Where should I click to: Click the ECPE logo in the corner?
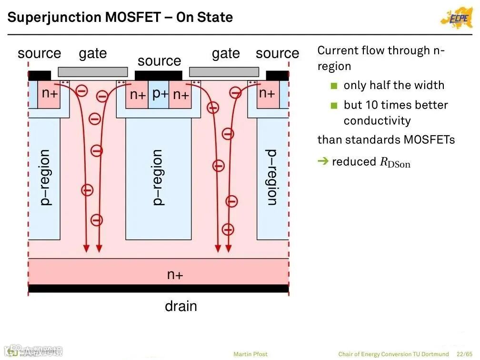(457, 18)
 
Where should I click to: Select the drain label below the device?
(180, 306)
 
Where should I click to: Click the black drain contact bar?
(159, 289)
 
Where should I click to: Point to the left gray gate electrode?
(93, 72)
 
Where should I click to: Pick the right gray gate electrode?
(224, 72)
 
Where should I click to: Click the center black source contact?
(159, 75)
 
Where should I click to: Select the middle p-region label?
(158, 177)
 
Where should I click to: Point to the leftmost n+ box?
(49, 94)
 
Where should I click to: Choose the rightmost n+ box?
(267, 94)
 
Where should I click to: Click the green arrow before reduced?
(323, 161)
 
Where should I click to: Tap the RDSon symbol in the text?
(395, 162)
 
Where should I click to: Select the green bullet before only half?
(334, 86)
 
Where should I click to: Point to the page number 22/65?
(464, 354)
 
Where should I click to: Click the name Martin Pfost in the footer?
(250, 354)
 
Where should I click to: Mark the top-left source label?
(40, 53)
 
